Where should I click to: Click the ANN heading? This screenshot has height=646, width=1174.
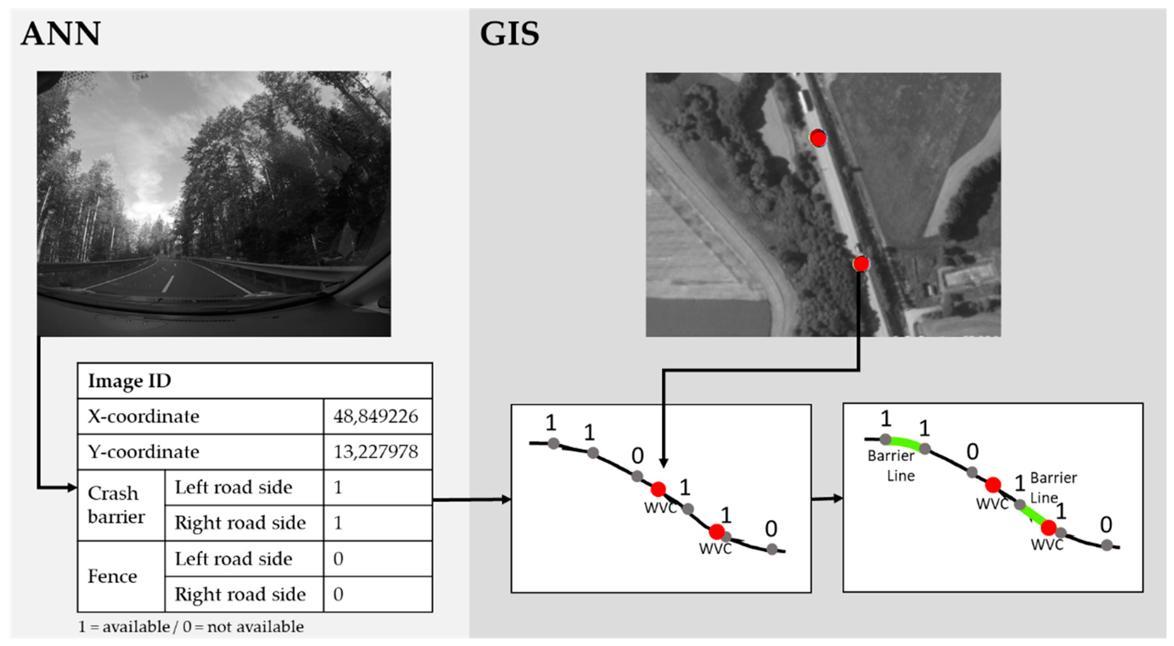[61, 34]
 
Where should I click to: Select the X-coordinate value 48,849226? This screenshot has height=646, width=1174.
[375, 416]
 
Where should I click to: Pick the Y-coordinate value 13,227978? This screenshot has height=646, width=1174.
[375, 452]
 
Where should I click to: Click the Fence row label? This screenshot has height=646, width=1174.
[112, 576]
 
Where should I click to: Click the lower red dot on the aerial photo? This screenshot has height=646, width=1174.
[861, 264]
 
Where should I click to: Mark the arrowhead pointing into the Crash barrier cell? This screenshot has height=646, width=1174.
[72, 488]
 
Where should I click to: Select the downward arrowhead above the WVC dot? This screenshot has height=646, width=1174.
[664, 462]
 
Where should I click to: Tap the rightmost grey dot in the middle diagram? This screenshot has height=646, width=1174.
[772, 549]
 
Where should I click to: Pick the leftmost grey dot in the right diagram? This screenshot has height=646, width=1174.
[885, 439]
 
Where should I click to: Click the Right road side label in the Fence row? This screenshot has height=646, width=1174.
[240, 594]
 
